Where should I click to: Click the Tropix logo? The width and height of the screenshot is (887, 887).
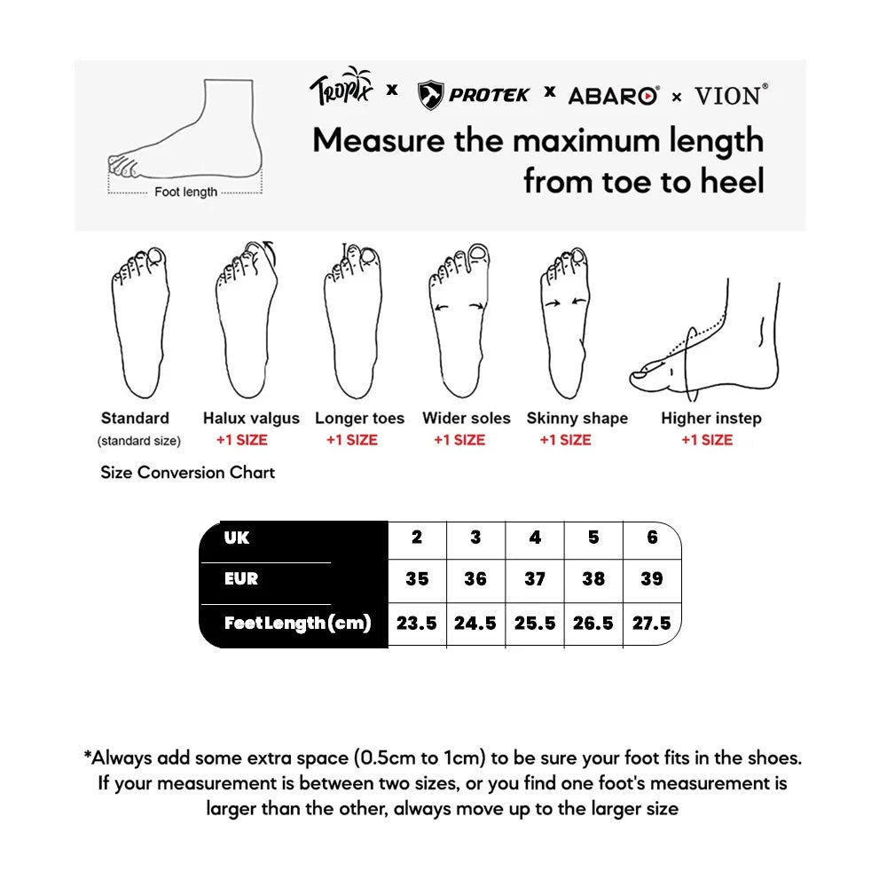click(341, 88)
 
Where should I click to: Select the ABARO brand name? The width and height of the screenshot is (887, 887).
click(612, 95)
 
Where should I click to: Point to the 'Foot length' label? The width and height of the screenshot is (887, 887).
click(185, 192)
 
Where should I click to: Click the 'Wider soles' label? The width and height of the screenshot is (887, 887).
click(467, 418)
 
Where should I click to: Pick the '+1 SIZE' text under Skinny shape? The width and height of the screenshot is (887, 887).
click(565, 440)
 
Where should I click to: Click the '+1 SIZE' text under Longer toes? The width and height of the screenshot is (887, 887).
click(351, 440)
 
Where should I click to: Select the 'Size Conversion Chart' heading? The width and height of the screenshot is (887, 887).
click(187, 473)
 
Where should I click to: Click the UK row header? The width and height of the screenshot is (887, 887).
click(238, 538)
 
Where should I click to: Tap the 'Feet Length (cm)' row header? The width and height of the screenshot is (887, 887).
click(296, 623)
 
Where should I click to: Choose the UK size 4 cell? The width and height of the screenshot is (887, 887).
click(534, 538)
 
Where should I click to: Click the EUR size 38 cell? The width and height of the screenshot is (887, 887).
click(593, 578)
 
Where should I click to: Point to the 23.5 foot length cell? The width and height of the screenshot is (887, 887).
click(417, 623)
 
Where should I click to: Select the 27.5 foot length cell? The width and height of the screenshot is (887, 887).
click(651, 623)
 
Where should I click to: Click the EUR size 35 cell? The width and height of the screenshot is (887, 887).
click(417, 578)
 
